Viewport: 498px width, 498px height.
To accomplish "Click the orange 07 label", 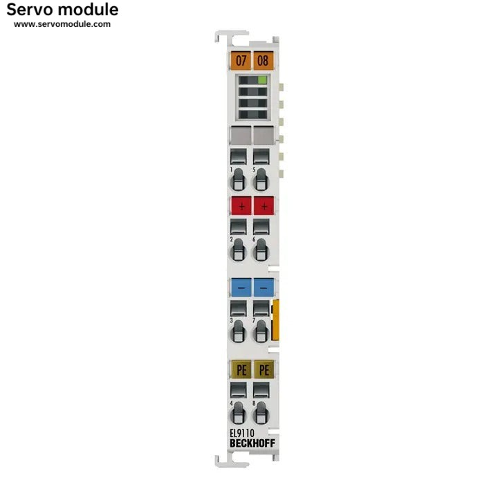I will click(241, 60).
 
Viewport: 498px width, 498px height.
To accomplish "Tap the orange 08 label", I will click(264, 60).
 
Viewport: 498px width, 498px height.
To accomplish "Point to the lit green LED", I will click(262, 80).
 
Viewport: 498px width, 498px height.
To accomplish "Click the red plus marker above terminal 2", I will click(241, 206).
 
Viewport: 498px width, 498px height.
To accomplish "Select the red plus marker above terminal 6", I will click(264, 206).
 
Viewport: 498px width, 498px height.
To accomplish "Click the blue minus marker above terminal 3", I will click(241, 286).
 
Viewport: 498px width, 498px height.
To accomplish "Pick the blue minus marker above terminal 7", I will click(264, 286).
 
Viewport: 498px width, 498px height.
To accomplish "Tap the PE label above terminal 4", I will click(241, 369).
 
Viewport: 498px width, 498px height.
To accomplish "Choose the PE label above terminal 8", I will click(264, 369).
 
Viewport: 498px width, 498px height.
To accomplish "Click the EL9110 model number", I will click(242, 434).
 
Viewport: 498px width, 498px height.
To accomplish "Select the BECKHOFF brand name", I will click(252, 443).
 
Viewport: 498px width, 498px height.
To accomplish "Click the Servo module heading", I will click(62, 10).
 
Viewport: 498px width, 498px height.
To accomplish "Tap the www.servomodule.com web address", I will click(62, 24).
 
